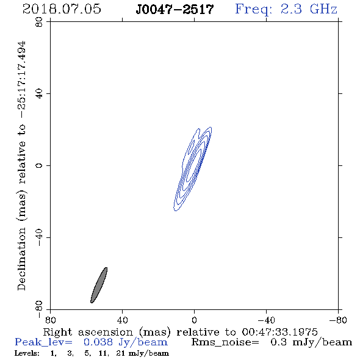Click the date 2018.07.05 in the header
coord(62,9)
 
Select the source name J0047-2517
coord(175,9)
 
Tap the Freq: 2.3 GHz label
coord(286,9)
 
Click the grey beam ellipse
coord(99,285)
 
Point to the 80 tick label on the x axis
coord(50,320)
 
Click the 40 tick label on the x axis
coord(122,320)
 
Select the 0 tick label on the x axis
coord(194,320)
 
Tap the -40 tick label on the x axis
coord(266,320)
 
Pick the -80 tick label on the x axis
coord(338,320)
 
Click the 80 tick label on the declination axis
coord(39,22)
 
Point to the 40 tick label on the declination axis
coord(39,94)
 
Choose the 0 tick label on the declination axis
coord(39,165)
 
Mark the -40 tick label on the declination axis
coord(39,237)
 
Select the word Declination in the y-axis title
coord(21,259)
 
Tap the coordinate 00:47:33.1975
coord(279,332)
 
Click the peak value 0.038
coord(98,342)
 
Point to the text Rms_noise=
coord(225,342)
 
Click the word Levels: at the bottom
coord(27,353)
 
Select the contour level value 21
coord(121,353)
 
